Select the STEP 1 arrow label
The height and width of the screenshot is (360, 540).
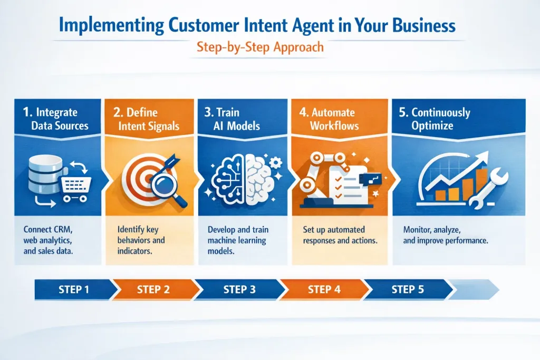(74, 289)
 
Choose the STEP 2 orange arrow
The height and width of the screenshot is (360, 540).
(156, 289)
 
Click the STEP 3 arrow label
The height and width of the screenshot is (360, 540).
(239, 289)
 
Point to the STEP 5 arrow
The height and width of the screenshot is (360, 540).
(407, 289)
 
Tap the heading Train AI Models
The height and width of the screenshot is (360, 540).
(228, 119)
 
